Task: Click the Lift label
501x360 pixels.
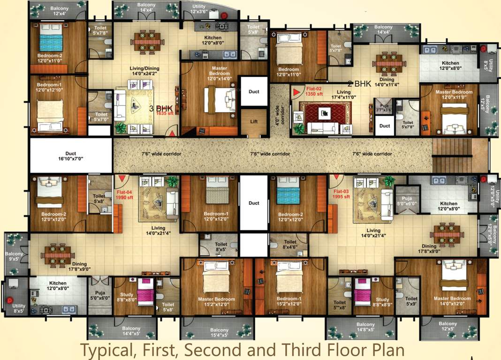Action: [x=254, y=121]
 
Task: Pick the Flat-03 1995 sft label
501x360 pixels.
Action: [x=342, y=194]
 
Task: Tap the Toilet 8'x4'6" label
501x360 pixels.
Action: [x=289, y=245]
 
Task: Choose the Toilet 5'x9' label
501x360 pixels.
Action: [x=411, y=301]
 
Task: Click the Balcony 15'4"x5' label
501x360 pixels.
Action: [x=220, y=332]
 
